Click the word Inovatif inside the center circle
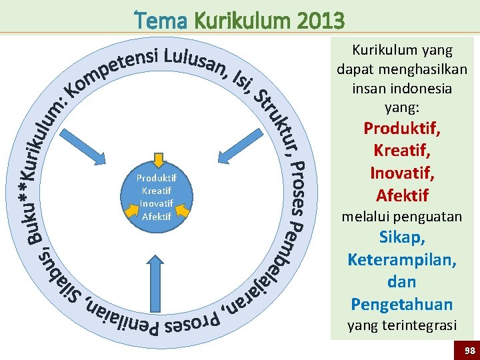tap(157, 203)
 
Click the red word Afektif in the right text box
tap(401, 195)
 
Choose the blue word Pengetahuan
tap(401, 305)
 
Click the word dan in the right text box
tap(401, 282)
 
